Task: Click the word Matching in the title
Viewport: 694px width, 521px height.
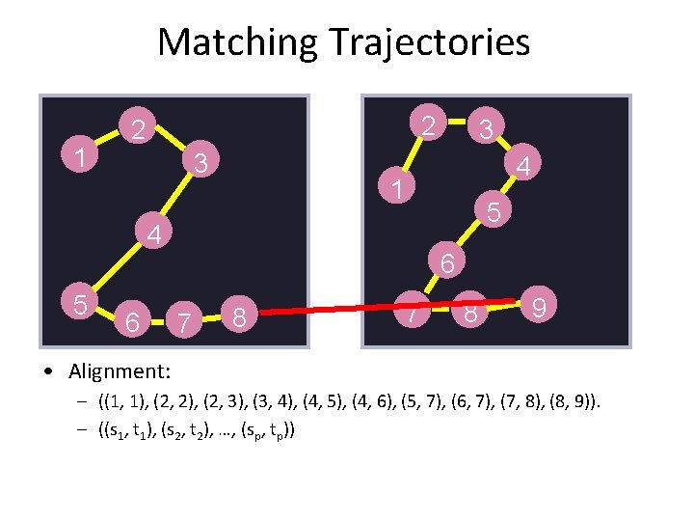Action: click(237, 42)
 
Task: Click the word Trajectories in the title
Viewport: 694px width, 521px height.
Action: click(429, 42)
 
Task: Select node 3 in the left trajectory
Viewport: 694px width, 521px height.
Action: click(200, 161)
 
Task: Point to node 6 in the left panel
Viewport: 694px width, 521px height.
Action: click(135, 318)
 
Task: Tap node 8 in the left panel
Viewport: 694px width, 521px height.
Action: click(242, 315)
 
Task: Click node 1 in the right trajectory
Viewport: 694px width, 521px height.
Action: click(395, 188)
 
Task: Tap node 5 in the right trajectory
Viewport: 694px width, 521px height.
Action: click(494, 210)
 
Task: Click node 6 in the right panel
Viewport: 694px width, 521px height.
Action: click(447, 261)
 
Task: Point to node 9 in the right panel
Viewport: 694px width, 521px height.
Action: click(541, 308)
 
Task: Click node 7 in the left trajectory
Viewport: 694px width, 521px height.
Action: click(179, 319)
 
